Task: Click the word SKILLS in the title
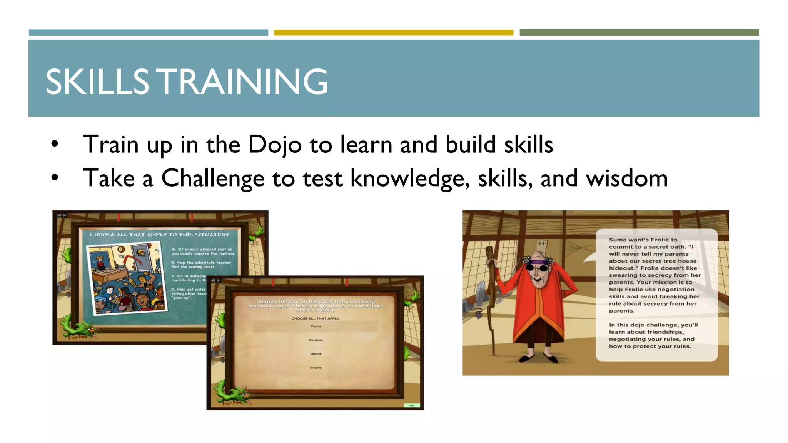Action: [x=97, y=82]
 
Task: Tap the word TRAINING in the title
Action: [x=243, y=82]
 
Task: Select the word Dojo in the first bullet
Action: [x=274, y=145]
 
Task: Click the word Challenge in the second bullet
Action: [x=213, y=179]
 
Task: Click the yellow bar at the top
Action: [x=393, y=33]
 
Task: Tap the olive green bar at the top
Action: [x=639, y=33]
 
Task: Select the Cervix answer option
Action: [x=316, y=326]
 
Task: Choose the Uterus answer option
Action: [x=316, y=354]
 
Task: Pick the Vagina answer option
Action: [x=316, y=368]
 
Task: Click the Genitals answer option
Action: [x=316, y=340]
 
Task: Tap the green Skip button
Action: [x=412, y=406]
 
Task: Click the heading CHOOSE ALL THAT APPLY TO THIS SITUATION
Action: [x=160, y=235]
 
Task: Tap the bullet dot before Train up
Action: [x=55, y=144]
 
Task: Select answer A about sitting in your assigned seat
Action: [x=203, y=251]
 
